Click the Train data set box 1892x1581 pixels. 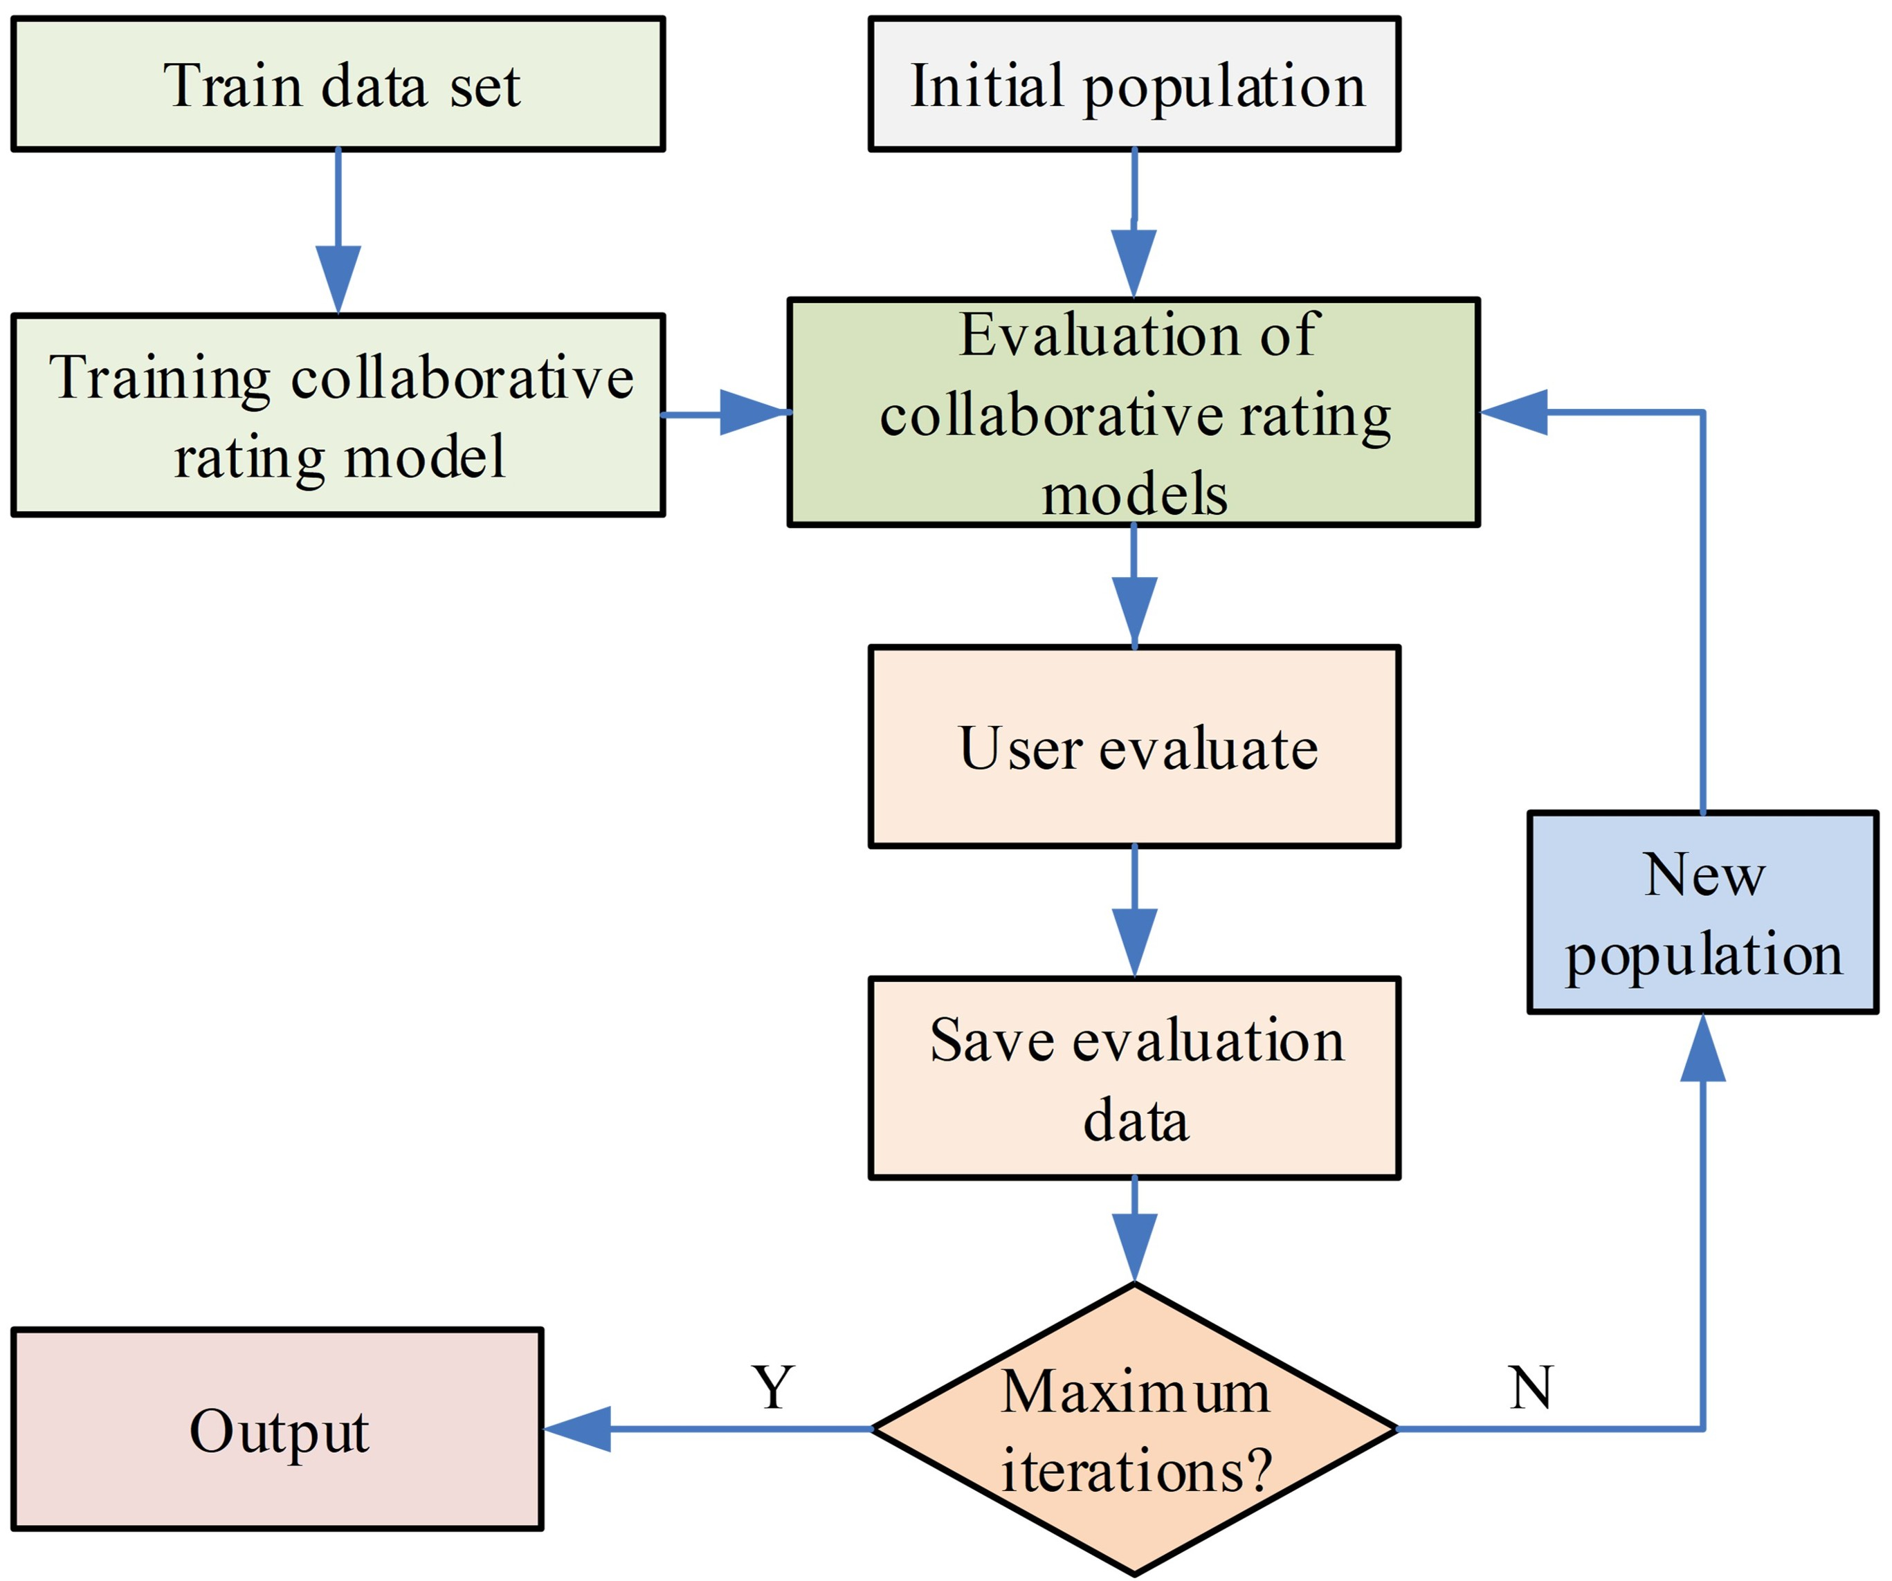(x=338, y=84)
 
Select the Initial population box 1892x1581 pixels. (x=1134, y=84)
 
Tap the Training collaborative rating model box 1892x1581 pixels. (x=338, y=415)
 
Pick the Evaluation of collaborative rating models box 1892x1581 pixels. (x=1134, y=412)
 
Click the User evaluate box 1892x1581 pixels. (x=1134, y=747)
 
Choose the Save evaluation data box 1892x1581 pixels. (x=1134, y=1078)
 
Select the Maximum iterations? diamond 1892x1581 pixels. (x=1134, y=1429)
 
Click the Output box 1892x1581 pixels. (x=278, y=1429)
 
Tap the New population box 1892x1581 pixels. (x=1704, y=913)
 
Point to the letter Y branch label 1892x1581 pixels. (x=773, y=1387)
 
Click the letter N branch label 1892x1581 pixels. (x=1531, y=1387)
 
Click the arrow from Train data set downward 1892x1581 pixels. (x=338, y=232)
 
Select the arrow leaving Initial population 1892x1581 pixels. (x=1134, y=223)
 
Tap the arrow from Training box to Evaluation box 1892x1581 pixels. (x=726, y=414)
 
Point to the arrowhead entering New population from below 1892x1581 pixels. (x=1704, y=1048)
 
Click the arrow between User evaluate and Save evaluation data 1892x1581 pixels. (x=1134, y=913)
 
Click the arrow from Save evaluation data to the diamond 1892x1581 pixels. (x=1134, y=1231)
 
